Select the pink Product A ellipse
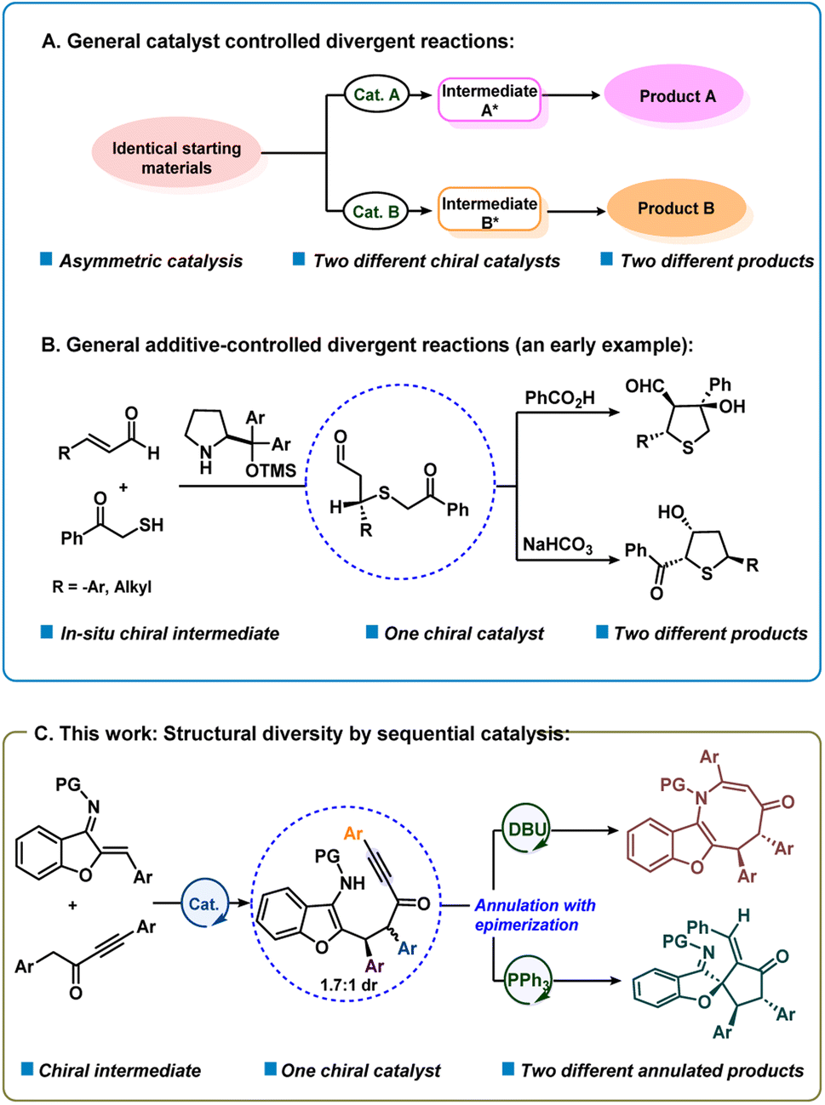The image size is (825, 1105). tap(673, 96)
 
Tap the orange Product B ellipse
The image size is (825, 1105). tap(676, 208)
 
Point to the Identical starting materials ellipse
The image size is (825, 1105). tap(176, 158)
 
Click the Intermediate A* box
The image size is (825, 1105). tap(490, 100)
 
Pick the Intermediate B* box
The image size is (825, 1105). tap(490, 212)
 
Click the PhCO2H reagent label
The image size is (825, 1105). tap(559, 398)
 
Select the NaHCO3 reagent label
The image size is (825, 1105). tap(558, 544)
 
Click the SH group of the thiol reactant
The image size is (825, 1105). tap(151, 525)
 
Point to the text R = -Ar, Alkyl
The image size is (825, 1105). tap(102, 586)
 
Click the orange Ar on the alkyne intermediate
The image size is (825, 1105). tap(352, 834)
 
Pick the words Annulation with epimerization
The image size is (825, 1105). tap(535, 915)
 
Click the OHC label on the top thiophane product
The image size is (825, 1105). tap(644, 387)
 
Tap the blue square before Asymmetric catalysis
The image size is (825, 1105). tap(47, 259)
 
